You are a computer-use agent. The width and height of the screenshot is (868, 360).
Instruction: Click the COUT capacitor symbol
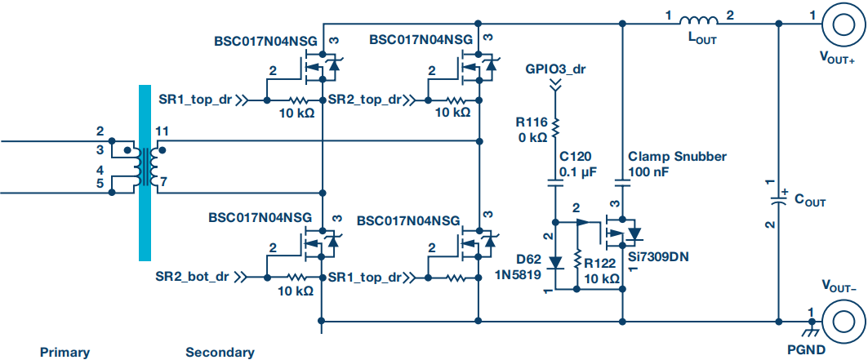pos(777,201)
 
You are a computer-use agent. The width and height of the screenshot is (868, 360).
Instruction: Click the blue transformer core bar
pos(145,172)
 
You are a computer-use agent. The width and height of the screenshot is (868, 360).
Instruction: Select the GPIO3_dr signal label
pos(556,69)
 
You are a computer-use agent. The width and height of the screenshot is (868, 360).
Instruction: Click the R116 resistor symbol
pos(556,126)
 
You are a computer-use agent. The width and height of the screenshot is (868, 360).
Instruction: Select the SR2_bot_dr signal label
pos(192,277)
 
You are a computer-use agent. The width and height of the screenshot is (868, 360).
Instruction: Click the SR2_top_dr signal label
pos(365,100)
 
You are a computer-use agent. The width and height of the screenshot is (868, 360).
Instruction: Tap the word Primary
pos(65,352)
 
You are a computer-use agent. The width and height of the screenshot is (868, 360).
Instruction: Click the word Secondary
pos(220,352)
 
